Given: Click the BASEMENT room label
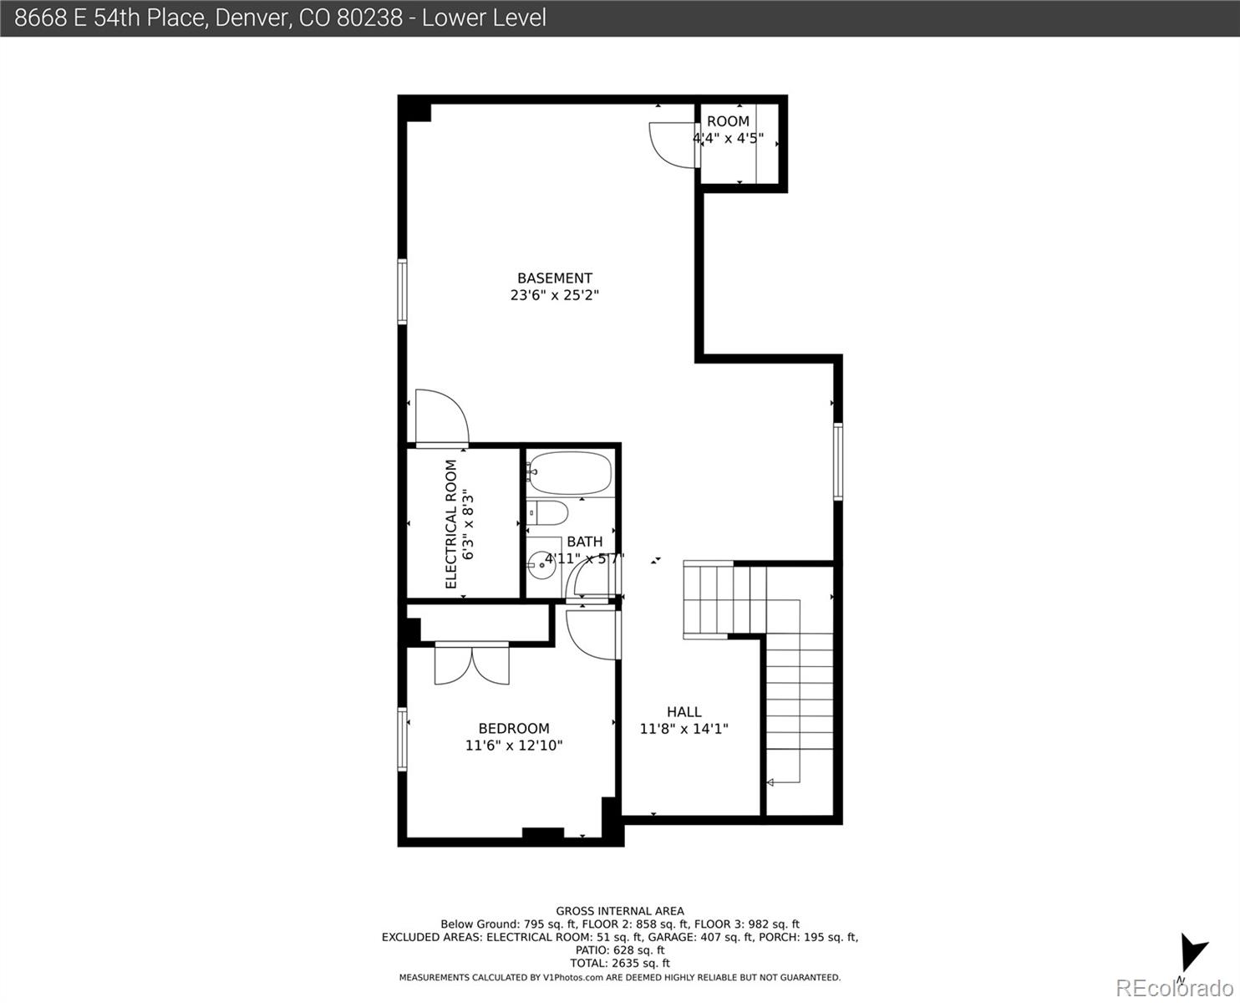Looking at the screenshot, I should pos(554,278).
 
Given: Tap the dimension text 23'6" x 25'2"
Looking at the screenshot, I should pos(554,295).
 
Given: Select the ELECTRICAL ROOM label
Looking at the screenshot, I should pos(451,524).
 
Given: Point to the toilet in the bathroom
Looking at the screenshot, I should pos(548,512).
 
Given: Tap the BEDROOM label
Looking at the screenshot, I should pos(513,728).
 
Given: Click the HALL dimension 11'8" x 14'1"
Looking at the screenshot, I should pos(684,729).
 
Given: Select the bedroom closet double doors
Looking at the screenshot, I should pos(471,664).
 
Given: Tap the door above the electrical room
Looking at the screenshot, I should pos(441,417).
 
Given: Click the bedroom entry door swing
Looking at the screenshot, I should pos(590,635).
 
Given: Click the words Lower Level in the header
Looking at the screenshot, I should pos(485,18).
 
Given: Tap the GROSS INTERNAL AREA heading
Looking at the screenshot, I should pos(619,911).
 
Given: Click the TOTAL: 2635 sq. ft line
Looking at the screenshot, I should pos(619,963).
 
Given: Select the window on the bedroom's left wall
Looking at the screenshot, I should pos(403,739).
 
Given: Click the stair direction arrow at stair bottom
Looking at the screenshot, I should pos(770,782).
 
